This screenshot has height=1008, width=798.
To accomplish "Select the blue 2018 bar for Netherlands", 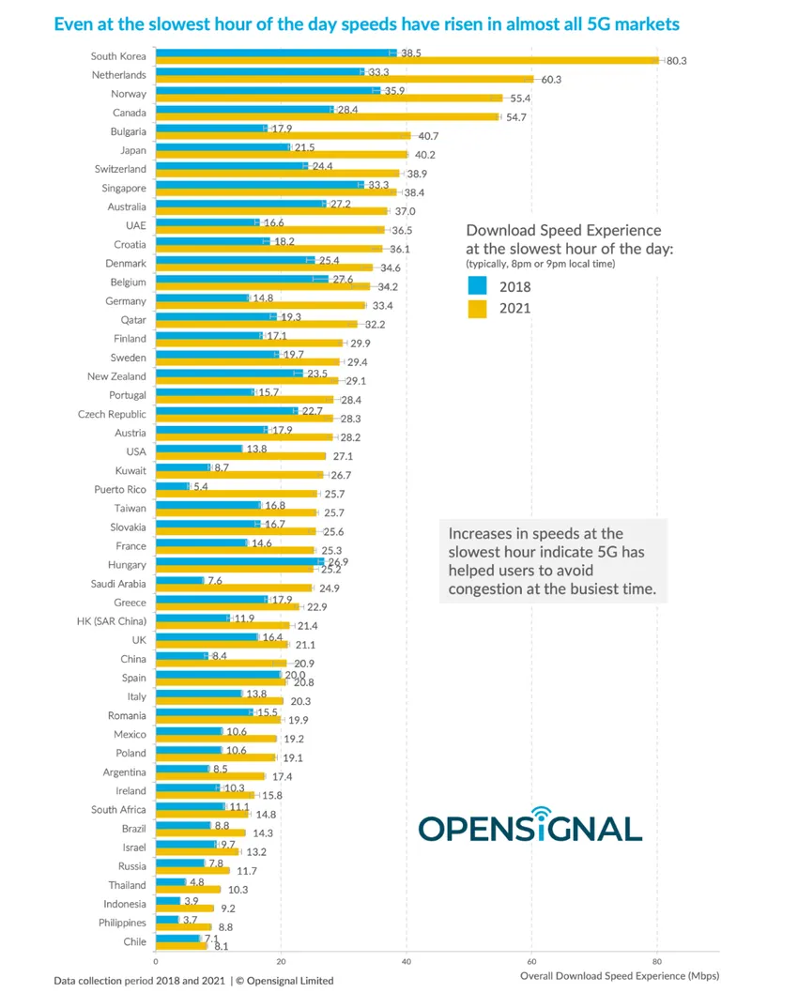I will pos(259,71).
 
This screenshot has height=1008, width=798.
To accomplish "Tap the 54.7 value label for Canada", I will pos(515,116).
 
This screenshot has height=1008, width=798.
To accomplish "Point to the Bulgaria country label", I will pos(128,131).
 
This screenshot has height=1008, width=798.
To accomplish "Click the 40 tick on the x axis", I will pos(407,961).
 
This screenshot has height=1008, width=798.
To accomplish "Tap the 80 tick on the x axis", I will pos(656,961).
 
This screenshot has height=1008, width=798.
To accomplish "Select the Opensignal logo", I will pos(529,826).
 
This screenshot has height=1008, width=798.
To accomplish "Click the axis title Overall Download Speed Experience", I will pos(620,976).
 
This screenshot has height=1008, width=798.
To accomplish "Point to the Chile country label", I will pos(134,941).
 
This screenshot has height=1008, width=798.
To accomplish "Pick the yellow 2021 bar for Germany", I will pos(260,305).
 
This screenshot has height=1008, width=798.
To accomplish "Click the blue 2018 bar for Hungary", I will pos(238,561).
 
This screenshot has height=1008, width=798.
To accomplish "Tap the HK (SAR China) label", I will pos(111,621).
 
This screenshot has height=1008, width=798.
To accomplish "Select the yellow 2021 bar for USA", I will pos(240,456).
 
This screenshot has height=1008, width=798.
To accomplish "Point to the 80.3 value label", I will pos(677,61).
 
